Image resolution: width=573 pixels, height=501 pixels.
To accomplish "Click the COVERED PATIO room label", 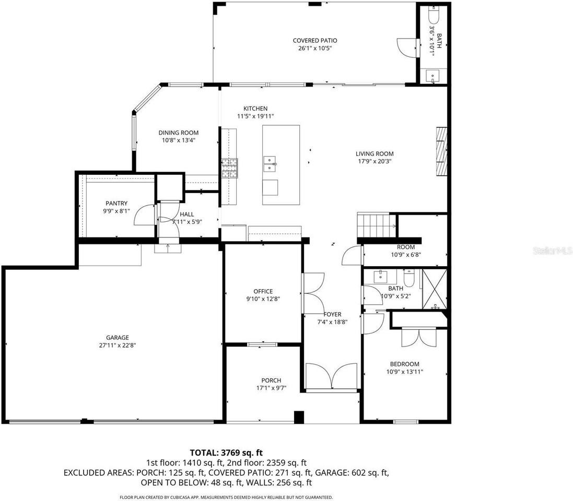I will point(314,40).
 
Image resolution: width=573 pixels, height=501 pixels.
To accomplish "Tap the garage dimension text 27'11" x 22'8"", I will point(118,344).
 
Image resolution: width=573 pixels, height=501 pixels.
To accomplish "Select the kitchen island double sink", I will point(270,164).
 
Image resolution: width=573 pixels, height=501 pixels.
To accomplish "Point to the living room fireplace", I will point(441,152).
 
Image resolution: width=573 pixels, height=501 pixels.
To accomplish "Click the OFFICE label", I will point(263,291).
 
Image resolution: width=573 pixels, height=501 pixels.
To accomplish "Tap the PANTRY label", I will point(116,204).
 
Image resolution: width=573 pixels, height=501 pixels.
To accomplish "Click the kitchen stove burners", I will point(228,168).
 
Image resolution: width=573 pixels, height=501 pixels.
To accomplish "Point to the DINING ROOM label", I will point(179,133).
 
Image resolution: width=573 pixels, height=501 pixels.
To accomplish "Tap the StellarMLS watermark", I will point(552,251).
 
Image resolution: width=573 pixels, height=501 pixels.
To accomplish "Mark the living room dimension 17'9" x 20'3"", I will point(374,161).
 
